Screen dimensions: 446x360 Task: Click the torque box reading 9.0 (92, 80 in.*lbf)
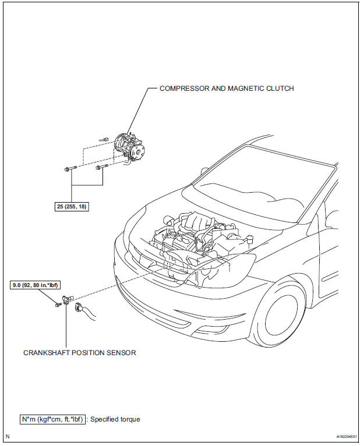[x=37, y=286]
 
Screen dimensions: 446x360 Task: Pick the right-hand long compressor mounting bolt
[x=101, y=168]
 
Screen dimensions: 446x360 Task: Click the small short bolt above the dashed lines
[x=103, y=139]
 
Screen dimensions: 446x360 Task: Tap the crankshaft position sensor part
[x=68, y=301]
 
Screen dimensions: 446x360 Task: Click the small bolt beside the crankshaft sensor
[x=57, y=303]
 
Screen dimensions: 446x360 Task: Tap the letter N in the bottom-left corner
[x=8, y=436]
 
